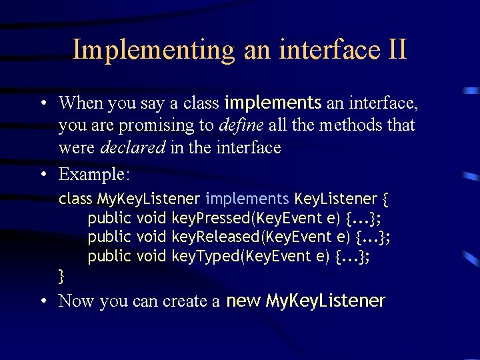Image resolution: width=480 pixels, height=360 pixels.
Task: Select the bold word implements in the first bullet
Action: point(273,103)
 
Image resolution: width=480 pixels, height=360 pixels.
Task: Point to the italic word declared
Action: point(132,147)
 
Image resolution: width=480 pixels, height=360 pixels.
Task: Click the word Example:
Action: point(95,174)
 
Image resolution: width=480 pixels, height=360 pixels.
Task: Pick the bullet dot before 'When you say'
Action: point(43,103)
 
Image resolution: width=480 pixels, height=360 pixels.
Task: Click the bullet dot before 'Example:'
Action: point(43,175)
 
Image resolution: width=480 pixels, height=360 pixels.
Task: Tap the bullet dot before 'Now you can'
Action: point(43,301)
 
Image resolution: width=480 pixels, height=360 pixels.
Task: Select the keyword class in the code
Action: point(75,199)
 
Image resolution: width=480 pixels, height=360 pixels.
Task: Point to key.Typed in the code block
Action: point(198,256)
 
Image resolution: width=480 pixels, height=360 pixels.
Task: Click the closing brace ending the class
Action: point(62,274)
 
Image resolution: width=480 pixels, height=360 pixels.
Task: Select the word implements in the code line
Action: point(247,199)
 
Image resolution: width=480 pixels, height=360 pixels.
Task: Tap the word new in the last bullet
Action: point(243,301)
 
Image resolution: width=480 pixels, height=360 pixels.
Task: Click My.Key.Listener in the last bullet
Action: point(325,301)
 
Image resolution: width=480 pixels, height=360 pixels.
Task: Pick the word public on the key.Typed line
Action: point(109,256)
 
